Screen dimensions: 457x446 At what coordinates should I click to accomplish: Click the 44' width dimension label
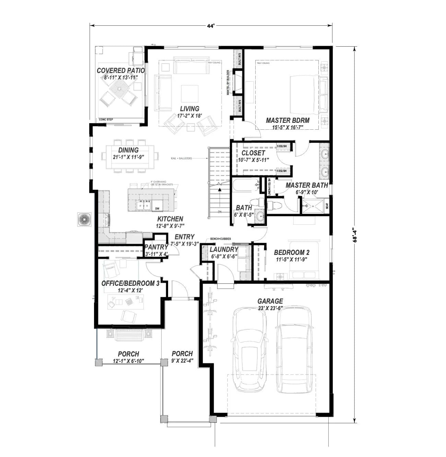pos(211,26)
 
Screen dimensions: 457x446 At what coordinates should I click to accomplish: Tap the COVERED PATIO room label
pos(120,71)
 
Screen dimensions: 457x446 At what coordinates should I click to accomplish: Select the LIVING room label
pos(189,109)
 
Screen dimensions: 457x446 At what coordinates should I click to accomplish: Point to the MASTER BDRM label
pos(287,120)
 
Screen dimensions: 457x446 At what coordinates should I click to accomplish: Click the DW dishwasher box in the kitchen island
pos(157,208)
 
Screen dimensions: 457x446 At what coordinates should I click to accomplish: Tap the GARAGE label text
pos(270,301)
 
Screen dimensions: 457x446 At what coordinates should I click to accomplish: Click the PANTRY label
pos(156,247)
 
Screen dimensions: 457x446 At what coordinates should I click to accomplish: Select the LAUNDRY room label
pos(224,249)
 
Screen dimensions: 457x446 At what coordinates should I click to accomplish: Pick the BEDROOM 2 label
pos(292,253)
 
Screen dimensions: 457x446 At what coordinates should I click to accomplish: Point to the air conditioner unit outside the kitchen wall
pos(84,220)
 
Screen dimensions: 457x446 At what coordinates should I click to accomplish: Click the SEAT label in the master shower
pos(327,206)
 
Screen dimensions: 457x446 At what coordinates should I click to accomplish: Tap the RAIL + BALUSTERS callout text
pos(181,158)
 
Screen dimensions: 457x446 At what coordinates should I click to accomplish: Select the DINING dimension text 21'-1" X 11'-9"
pos(128,157)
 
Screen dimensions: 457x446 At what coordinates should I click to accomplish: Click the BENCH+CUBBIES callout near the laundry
pos(220,238)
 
